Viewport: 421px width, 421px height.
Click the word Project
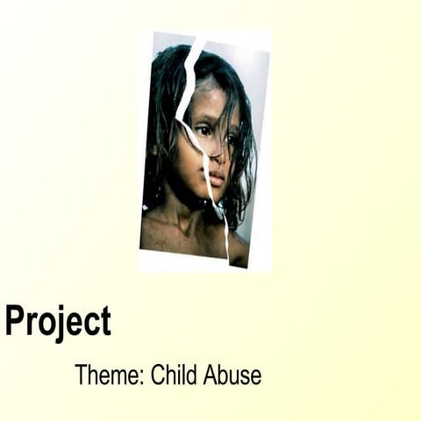pos(58,322)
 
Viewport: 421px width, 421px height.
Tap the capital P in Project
pos(14,320)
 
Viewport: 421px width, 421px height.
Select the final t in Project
pos(105,322)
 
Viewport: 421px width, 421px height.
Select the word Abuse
pos(232,375)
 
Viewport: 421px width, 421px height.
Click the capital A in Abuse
pos(210,375)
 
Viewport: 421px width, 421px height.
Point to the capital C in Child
pos(158,375)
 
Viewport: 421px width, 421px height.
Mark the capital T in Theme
pos(81,375)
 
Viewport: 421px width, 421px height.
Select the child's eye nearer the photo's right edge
pos(231,138)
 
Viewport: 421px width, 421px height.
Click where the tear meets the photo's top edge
pos(204,36)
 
